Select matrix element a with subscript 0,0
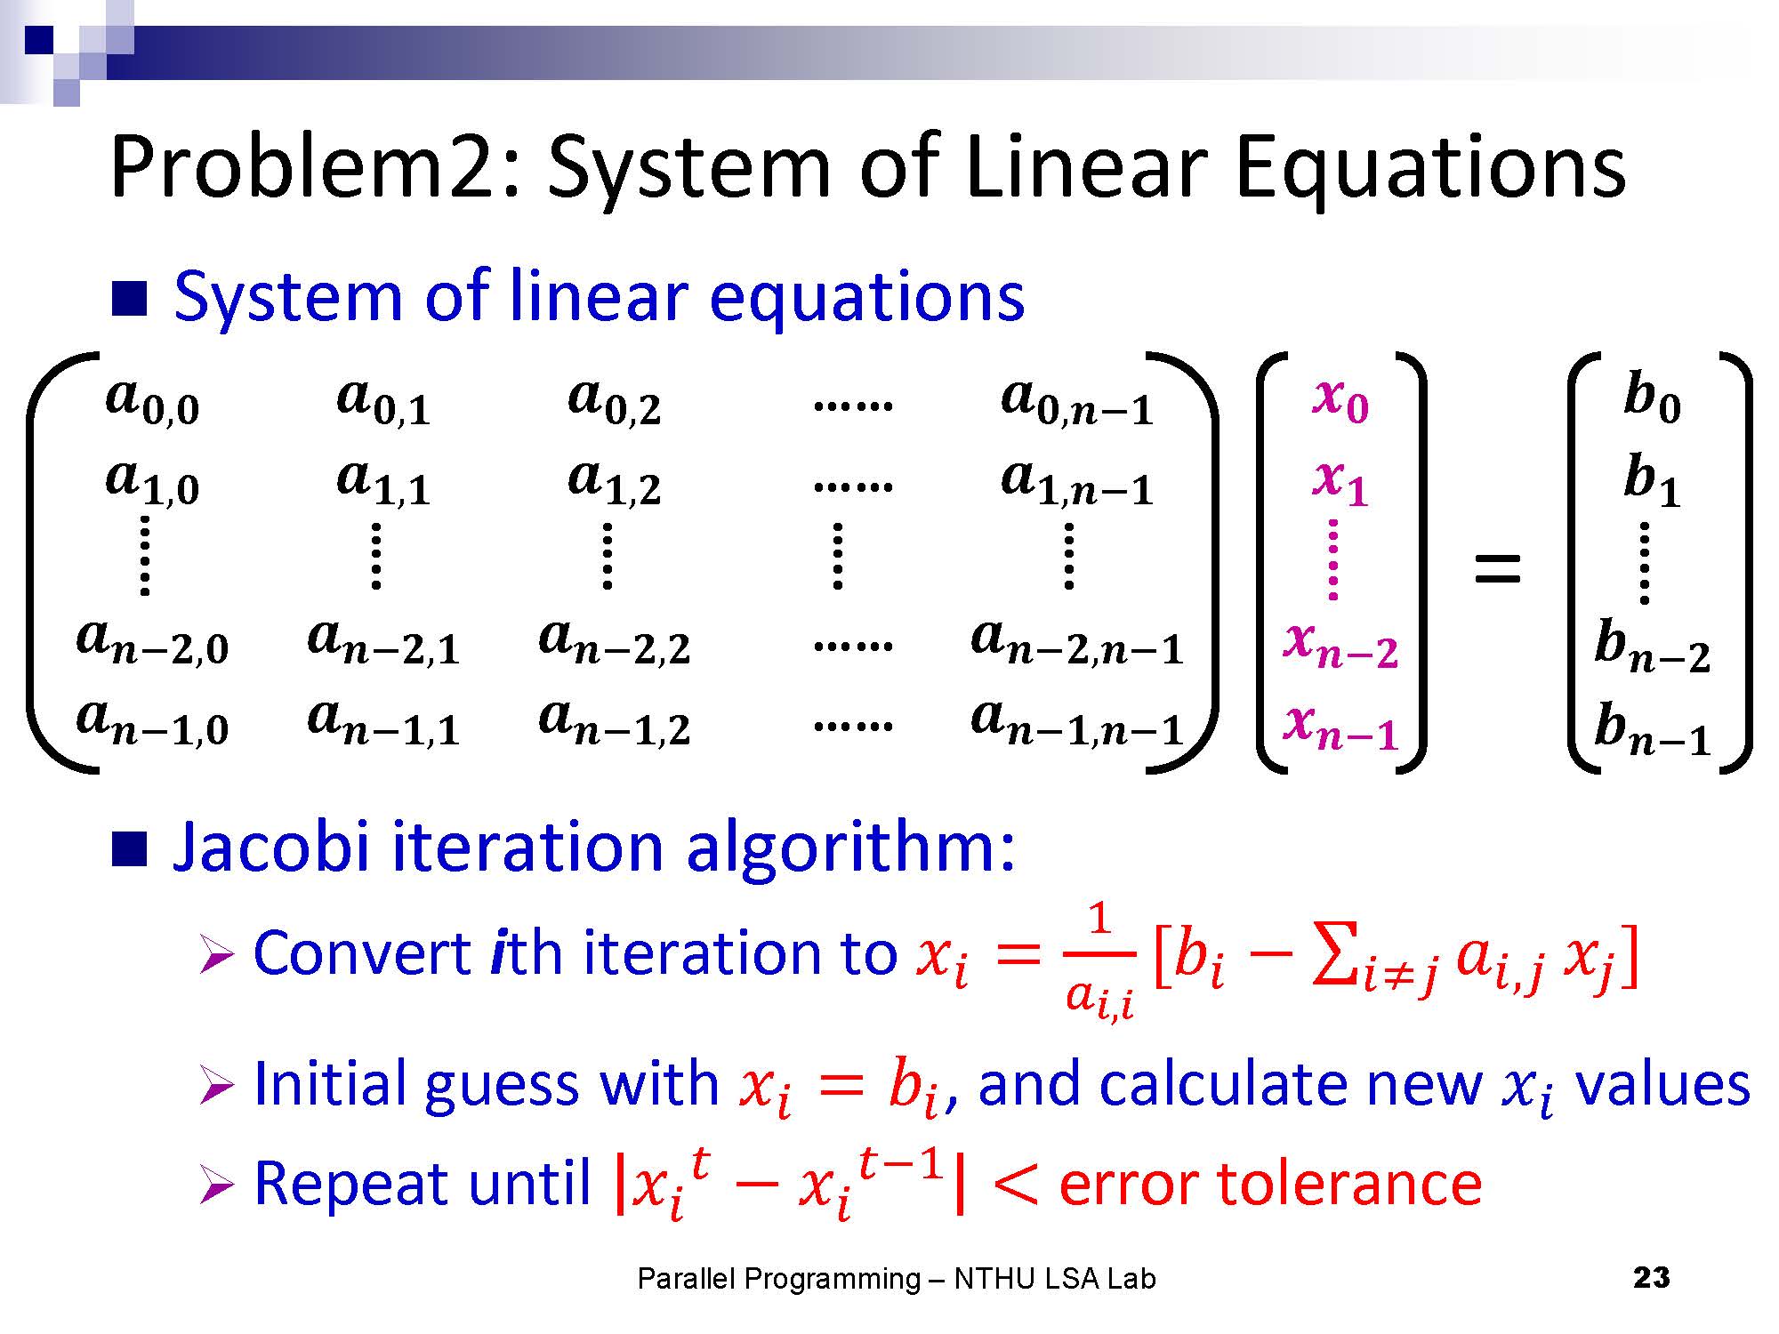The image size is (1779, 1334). click(x=152, y=401)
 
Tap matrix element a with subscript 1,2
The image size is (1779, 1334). click(x=615, y=481)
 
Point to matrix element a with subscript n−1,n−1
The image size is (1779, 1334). click(x=1077, y=721)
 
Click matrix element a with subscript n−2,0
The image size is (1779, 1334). click(x=153, y=641)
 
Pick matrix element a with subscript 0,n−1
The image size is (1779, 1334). click(x=1077, y=401)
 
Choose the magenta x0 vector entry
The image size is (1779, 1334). click(x=1340, y=399)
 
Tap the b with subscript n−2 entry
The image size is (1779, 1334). click(x=1652, y=645)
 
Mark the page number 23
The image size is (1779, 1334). click(x=1652, y=1278)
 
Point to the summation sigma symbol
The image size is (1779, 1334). click(x=1333, y=957)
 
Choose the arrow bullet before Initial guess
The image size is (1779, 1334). click(x=217, y=1087)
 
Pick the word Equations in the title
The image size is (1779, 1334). click(x=1431, y=168)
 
